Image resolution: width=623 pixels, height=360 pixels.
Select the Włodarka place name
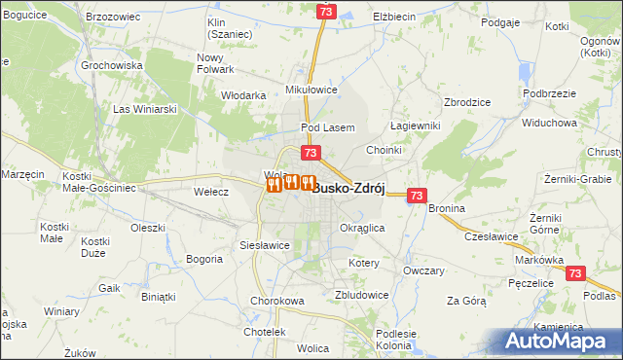click(x=243, y=95)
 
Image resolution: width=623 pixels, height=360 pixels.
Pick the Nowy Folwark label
click(x=215, y=63)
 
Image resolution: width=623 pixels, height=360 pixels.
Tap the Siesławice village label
click(x=265, y=245)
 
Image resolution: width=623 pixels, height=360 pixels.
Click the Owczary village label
click(x=423, y=269)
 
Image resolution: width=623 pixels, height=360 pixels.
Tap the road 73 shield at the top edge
click(x=326, y=11)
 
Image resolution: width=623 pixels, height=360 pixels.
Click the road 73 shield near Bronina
click(x=417, y=196)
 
